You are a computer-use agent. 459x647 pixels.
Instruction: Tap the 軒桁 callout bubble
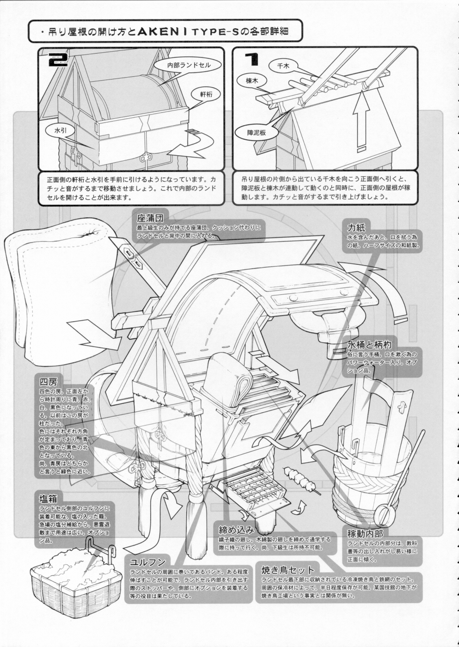tap(206, 93)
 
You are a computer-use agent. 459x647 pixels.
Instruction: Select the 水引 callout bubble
tap(61, 131)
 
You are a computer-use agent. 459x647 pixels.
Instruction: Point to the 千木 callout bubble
tap(283, 66)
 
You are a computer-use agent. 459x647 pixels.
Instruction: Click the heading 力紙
tap(356, 227)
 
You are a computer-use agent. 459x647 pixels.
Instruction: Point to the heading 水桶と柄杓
tap(369, 344)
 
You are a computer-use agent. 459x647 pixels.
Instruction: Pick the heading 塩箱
tap(48, 498)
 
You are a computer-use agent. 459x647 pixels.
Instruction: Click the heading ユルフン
tap(147, 562)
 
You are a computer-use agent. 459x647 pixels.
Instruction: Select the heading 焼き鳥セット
tap(288, 570)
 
